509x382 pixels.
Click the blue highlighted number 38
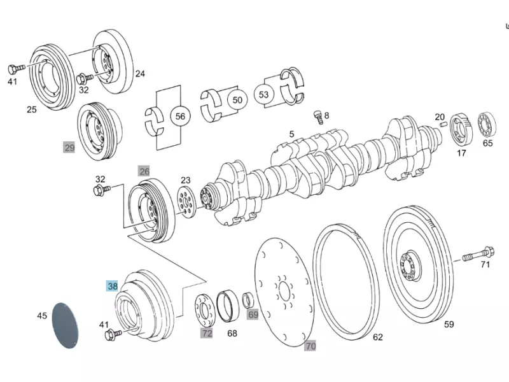[x=113, y=286]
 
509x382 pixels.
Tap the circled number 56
[x=180, y=117]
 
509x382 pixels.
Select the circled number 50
[x=237, y=100]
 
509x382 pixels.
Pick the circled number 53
[x=263, y=94]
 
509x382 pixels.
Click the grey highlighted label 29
[x=69, y=148]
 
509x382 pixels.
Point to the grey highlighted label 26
[x=144, y=171]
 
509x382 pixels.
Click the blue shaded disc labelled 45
[x=66, y=325]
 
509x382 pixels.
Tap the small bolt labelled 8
[x=318, y=117]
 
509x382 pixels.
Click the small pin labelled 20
[x=443, y=125]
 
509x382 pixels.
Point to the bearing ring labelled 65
[x=487, y=124]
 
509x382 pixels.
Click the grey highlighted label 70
[x=310, y=346]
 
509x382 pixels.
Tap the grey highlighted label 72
[x=206, y=333]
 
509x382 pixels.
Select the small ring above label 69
[x=249, y=300]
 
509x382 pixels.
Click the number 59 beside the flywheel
[x=449, y=324]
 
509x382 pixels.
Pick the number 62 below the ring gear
[x=377, y=337]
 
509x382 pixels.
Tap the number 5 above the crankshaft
[x=291, y=134]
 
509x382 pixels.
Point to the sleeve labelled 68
[x=228, y=306]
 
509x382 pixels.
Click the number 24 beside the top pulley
[x=140, y=74]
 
